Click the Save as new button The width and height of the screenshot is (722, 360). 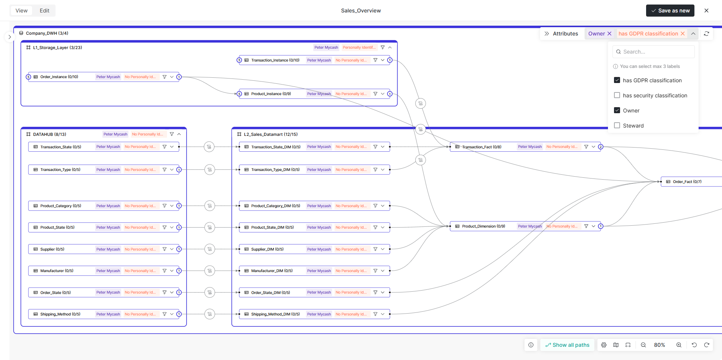pyautogui.click(x=670, y=11)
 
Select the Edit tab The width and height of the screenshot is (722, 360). pyautogui.click(x=45, y=11)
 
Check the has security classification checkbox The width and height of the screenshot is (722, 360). pyautogui.click(x=617, y=95)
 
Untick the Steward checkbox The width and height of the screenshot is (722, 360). pyautogui.click(x=617, y=126)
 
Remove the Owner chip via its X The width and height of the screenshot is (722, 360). pyautogui.click(x=609, y=34)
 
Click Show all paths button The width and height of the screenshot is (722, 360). pyautogui.click(x=567, y=345)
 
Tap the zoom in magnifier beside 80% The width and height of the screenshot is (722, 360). pyautogui.click(x=679, y=345)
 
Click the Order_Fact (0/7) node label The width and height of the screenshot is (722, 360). pyautogui.click(x=687, y=182)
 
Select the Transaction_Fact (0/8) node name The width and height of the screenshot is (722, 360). pyautogui.click(x=481, y=147)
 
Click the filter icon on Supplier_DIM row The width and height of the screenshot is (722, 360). pyautogui.click(x=375, y=249)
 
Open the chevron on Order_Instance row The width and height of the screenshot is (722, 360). pyautogui.click(x=172, y=77)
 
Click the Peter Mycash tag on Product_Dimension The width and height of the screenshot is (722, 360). pyautogui.click(x=529, y=226)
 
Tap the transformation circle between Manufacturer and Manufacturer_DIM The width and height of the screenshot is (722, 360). pyautogui.click(x=210, y=271)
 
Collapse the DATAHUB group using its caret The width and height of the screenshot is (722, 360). pyautogui.click(x=179, y=134)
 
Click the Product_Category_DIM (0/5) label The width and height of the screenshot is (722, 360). pyautogui.click(x=275, y=206)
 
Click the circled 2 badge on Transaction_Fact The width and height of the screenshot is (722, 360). pyautogui.click(x=600, y=147)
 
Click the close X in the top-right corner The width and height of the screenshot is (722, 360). pyautogui.click(x=707, y=11)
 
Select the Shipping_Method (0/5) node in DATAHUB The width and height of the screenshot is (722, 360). pyautogui.click(x=60, y=314)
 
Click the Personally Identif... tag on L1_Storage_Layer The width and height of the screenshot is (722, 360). pyautogui.click(x=359, y=48)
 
